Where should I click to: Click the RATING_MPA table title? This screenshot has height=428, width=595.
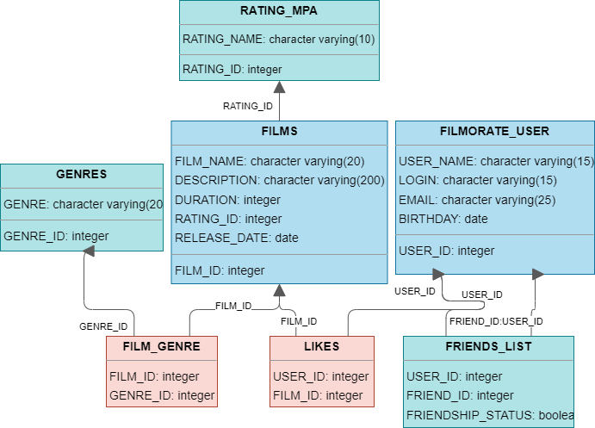[279, 11]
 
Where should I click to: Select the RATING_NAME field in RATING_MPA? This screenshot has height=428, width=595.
[278, 39]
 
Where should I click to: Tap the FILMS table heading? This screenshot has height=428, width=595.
[279, 132]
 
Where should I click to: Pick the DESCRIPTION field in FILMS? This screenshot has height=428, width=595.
[279, 180]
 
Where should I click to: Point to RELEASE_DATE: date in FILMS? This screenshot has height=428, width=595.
[237, 238]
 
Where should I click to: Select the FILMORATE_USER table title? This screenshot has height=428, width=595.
[494, 132]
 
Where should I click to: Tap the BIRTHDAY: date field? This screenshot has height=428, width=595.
[443, 219]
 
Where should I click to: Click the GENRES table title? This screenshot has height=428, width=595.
[81, 174]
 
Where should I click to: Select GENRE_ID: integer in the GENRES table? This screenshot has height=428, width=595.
[54, 236]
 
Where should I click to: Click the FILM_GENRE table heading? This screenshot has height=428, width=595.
[161, 346]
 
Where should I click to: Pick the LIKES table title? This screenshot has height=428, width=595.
[322, 346]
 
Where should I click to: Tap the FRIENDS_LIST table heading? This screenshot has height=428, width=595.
[488, 346]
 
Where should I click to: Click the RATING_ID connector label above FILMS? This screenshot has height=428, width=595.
[247, 106]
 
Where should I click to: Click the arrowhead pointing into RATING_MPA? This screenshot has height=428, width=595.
[279, 87]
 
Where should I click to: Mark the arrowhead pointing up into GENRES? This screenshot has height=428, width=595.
[89, 248]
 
